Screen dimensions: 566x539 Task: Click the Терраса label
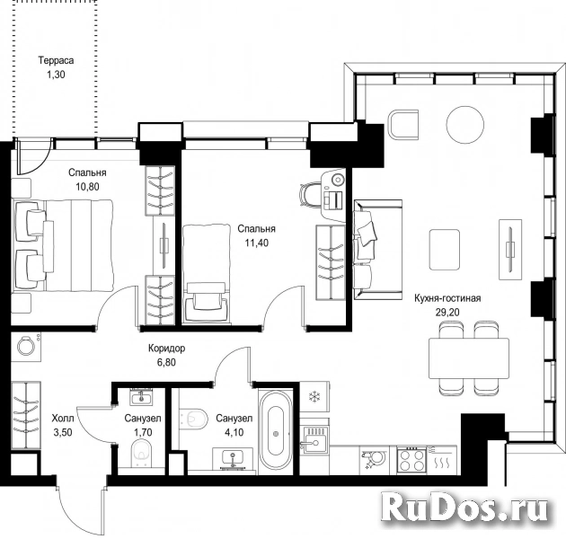click(56, 60)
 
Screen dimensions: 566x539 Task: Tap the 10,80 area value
click(87, 187)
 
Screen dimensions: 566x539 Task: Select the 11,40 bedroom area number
click(257, 243)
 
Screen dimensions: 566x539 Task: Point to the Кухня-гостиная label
click(447, 298)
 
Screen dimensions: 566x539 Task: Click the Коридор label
click(167, 349)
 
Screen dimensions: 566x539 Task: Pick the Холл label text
click(63, 419)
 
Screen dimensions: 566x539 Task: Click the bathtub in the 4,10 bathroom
click(277, 432)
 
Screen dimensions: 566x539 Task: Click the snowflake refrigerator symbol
click(314, 397)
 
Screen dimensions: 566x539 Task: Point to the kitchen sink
click(315, 440)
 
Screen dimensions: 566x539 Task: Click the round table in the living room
click(465, 125)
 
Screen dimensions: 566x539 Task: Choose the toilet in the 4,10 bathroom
click(193, 419)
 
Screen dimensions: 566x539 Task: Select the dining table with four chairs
click(469, 358)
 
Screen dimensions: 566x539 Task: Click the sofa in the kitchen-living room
click(378, 250)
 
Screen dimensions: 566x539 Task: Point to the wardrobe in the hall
click(26, 416)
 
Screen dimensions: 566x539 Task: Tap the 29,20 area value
click(447, 313)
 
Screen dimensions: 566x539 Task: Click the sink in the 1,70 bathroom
click(141, 398)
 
